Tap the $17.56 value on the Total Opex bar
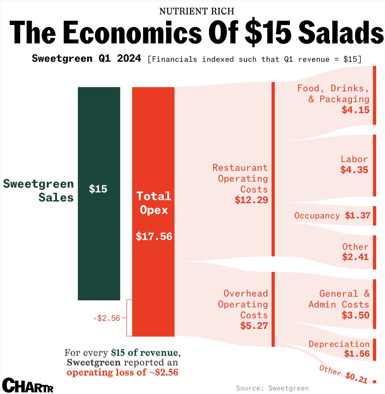pyautogui.click(x=154, y=236)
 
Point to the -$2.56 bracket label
pyautogui.click(x=107, y=318)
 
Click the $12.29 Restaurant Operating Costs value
pyautogui.click(x=251, y=200)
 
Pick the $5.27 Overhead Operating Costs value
pyautogui.click(x=254, y=326)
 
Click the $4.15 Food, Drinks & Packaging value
pyautogui.click(x=355, y=110)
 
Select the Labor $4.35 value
pyautogui.click(x=354, y=170)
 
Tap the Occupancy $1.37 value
pyautogui.click(x=357, y=216)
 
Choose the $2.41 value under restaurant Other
pyautogui.click(x=355, y=257)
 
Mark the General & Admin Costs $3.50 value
pyautogui.click(x=355, y=315)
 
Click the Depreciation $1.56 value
pyautogui.click(x=356, y=354)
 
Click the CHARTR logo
pyautogui.click(x=28, y=385)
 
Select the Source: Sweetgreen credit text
pyautogui.click(x=272, y=388)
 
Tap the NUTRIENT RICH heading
pyautogui.click(x=197, y=11)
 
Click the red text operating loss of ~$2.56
pyautogui.click(x=122, y=372)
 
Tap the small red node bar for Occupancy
pyautogui.click(x=374, y=216)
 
